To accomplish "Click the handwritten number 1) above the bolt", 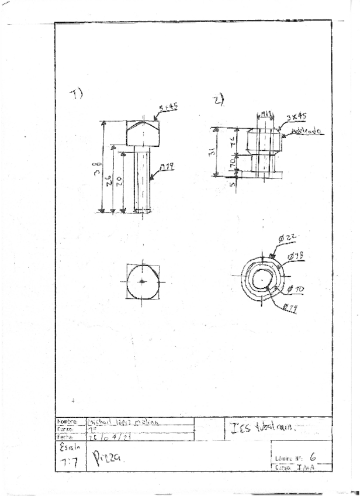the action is tap(77, 94).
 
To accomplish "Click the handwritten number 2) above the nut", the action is tap(219, 101).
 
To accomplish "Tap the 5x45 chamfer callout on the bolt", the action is tap(169, 108).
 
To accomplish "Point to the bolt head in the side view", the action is tap(143, 133).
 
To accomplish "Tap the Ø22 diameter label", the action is tap(288, 237).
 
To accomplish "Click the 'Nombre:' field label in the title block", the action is tap(64, 421).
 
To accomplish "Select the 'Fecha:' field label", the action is tap(64, 436).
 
